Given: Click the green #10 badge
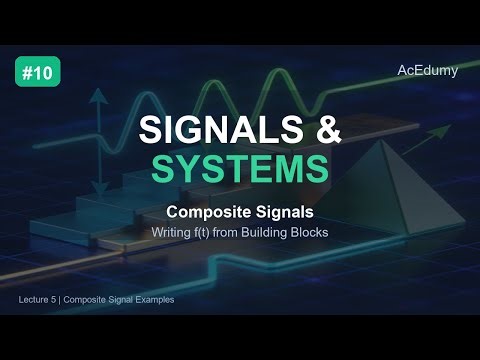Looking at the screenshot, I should click(37, 73).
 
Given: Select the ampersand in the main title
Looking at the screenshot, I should click(321, 130).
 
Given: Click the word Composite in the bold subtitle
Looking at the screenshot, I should click(206, 212).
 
